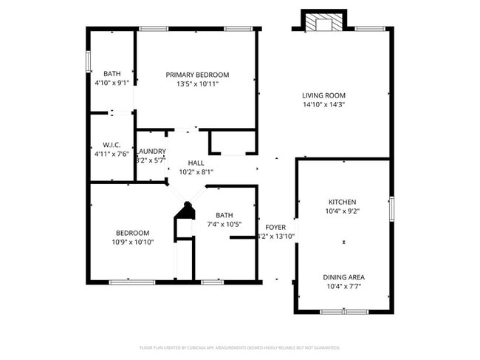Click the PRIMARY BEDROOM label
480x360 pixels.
pos(197,75)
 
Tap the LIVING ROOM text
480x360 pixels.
pos(323,95)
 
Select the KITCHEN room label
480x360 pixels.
pos(343,202)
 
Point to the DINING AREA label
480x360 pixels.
pos(343,277)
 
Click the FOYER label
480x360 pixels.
pos(275,227)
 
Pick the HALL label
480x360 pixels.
pos(196,163)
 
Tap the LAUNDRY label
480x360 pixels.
pos(151,151)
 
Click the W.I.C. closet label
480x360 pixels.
pos(112,145)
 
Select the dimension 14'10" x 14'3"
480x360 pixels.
pos(323,105)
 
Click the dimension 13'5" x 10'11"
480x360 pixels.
pos(197,84)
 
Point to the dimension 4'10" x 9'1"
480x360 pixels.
pos(112,83)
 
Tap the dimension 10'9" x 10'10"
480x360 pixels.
pos(133,242)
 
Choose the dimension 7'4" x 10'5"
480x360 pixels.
pos(224,224)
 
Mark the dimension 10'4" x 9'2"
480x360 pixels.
pos(343,211)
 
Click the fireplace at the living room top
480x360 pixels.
pos(323,24)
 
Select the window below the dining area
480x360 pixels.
pos(344,312)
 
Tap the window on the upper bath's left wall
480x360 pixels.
pos(89,61)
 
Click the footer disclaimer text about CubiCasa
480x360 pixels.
pos(239,347)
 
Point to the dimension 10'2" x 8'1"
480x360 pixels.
pos(196,171)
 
